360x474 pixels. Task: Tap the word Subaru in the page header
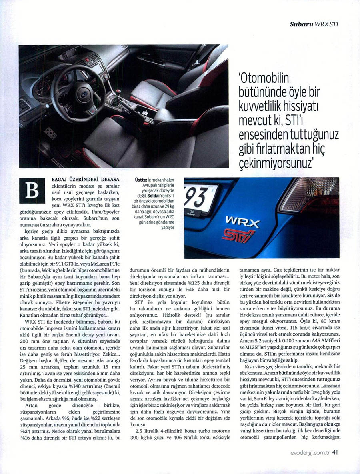(302, 24)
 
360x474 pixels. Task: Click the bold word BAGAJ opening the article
(60, 181)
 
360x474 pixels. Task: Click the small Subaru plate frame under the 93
(192, 213)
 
